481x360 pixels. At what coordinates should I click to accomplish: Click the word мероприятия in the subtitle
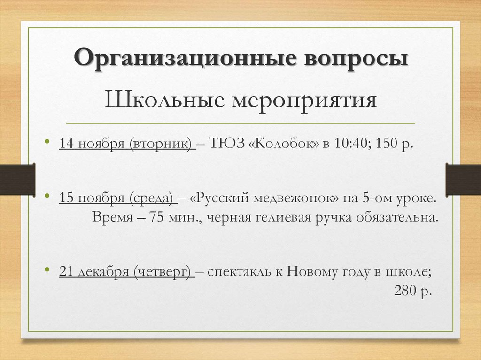(x=303, y=100)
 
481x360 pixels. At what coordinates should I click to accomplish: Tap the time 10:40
(x=348, y=143)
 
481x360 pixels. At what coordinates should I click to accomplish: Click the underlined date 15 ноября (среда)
(x=117, y=199)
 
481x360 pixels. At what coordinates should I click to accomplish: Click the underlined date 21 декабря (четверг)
(x=127, y=272)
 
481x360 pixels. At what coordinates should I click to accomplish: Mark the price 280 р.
(x=412, y=291)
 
